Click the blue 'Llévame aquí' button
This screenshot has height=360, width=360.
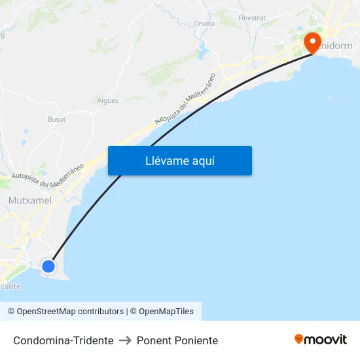180,161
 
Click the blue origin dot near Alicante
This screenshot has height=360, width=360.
48,266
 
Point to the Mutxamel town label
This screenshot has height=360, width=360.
30,200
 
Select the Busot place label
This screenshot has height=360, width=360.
56,119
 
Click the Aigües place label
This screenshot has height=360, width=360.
108,100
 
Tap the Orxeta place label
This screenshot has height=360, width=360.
204,24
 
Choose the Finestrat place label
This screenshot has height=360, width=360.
252,18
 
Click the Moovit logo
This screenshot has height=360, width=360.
321,340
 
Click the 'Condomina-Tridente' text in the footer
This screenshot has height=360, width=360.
63,340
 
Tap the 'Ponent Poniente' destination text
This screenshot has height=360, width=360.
177,340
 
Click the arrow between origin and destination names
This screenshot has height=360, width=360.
125,340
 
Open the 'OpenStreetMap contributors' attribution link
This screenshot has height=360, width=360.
70,312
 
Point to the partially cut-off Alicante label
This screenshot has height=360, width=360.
10,286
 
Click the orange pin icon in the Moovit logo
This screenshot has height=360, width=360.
299,339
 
